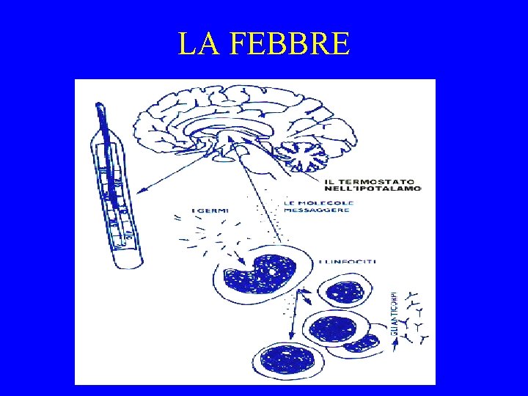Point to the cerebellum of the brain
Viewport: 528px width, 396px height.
[307, 154]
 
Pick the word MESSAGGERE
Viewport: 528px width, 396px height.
[318, 210]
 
